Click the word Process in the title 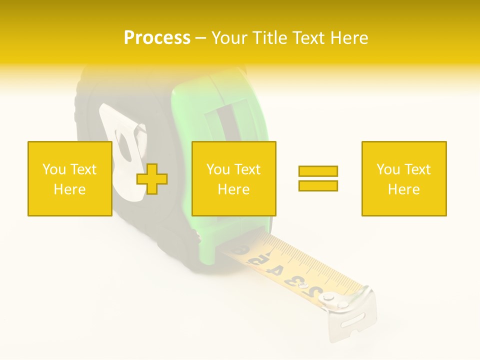click(x=157, y=38)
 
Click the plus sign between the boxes click(x=152, y=179)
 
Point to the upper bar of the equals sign click(x=318, y=171)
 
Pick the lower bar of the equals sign click(x=318, y=185)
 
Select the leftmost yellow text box click(x=69, y=178)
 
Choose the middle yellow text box click(x=233, y=178)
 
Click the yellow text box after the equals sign click(x=403, y=178)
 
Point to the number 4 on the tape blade click(x=274, y=270)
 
